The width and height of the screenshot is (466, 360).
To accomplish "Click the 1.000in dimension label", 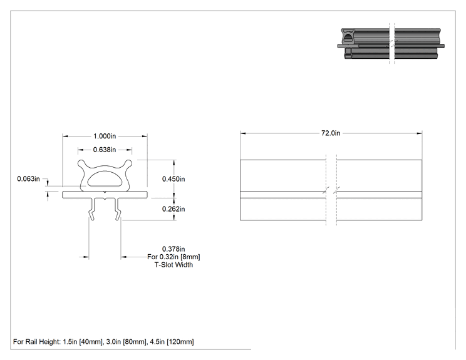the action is click(x=105, y=136).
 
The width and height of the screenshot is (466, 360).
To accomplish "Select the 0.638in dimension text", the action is click(x=105, y=150).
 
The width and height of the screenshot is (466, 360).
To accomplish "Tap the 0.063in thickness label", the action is click(x=28, y=179).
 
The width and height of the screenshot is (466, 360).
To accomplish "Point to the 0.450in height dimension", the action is click(x=173, y=179).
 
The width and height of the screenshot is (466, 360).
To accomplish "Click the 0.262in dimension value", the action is click(x=173, y=209).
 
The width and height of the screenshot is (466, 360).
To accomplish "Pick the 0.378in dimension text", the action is click(x=173, y=249).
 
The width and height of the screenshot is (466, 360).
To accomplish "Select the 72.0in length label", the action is click(x=331, y=133).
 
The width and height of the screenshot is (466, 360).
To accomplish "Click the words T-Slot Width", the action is click(x=173, y=265).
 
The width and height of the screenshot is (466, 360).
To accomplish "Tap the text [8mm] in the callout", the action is click(x=190, y=257).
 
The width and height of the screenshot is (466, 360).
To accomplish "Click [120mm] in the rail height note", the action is click(x=180, y=342).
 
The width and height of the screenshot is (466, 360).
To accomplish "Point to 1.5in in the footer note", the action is click(x=70, y=342).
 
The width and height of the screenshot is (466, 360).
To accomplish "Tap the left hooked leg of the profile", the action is click(x=93, y=209).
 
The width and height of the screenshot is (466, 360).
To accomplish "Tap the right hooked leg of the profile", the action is click(x=118, y=209).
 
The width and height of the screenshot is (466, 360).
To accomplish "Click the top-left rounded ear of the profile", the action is click(x=81, y=163).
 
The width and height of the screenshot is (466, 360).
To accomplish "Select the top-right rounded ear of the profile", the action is click(x=128, y=163).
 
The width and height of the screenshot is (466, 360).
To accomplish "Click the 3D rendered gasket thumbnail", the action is click(x=391, y=44).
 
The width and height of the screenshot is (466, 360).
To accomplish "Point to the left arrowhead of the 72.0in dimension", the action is click(x=243, y=133).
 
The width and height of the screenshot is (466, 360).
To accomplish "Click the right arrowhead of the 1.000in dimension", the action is click(x=145, y=136).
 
